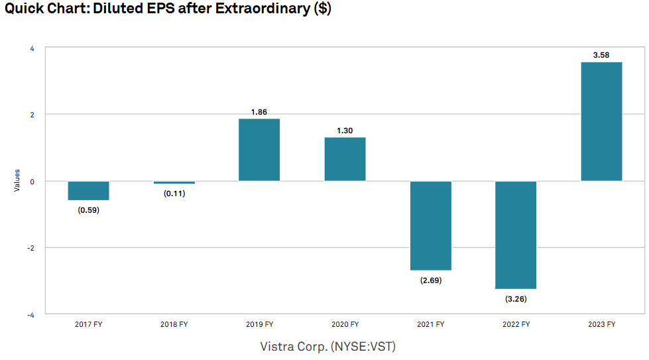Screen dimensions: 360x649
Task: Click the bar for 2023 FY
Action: point(601,121)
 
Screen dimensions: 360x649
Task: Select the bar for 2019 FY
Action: point(259,150)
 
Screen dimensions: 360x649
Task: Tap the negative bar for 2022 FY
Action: point(516,235)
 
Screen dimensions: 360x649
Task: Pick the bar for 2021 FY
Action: point(430,225)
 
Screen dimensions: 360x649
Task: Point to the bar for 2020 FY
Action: point(345,159)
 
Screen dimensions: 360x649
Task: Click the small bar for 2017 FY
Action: point(88,190)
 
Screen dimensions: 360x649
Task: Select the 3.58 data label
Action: point(601,55)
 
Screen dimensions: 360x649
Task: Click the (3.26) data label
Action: point(516,299)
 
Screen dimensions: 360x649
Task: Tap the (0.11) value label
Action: point(174,194)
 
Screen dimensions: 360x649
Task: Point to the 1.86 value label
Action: point(259,112)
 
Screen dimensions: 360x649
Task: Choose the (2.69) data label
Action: point(430,280)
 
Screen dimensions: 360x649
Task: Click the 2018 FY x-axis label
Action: point(174,324)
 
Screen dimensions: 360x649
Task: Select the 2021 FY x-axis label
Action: point(430,324)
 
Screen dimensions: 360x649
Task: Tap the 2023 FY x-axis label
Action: point(601,324)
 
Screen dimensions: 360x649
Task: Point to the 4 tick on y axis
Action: point(32,48)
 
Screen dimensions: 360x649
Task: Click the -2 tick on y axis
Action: point(30,248)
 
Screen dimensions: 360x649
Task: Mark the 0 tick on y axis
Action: point(32,181)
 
